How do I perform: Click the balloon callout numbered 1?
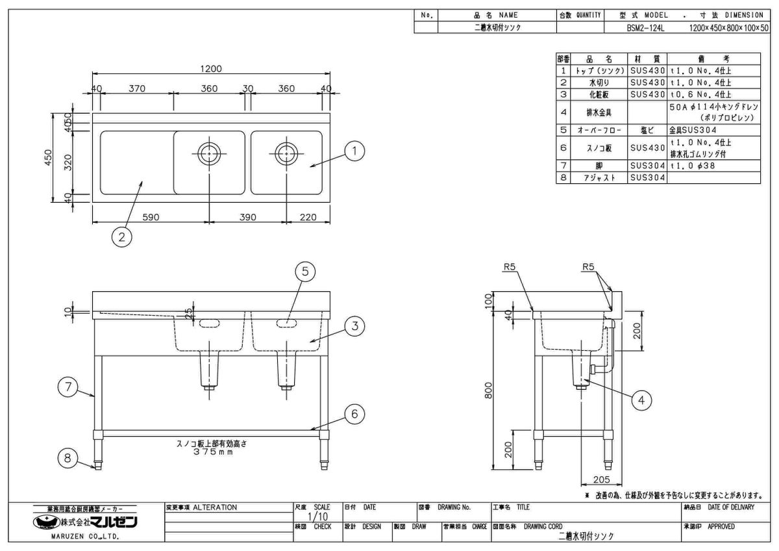tap(354, 152)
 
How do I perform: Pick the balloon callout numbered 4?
tap(643, 400)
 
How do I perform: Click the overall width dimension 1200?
tap(212, 69)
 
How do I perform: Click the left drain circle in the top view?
tap(208, 154)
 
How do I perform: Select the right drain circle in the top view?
tap(284, 154)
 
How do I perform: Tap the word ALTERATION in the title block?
tap(215, 507)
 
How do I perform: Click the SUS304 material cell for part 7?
tap(648, 166)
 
